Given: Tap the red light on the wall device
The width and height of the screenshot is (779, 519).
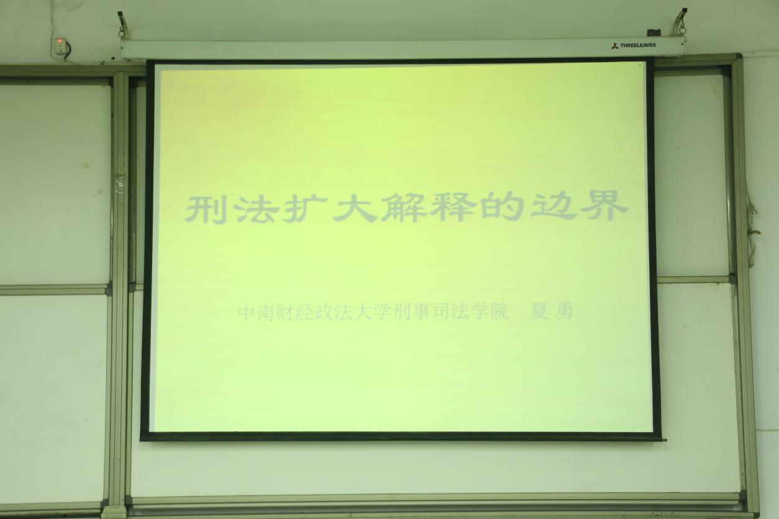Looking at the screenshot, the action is [60, 42].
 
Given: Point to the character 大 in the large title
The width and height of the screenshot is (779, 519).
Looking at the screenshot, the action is [355, 208].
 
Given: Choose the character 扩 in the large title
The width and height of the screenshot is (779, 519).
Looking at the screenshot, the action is [305, 209].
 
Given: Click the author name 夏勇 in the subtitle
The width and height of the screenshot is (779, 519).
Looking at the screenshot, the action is [551, 311].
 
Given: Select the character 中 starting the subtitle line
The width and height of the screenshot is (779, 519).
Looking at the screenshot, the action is [247, 314].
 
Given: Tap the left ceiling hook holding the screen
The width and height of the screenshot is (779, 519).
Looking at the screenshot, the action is [121, 25].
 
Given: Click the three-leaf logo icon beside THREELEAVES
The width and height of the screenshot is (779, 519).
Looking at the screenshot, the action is [615, 45].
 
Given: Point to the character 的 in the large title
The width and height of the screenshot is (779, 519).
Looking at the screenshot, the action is [503, 207].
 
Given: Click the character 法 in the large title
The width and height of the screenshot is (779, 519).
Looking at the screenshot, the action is [255, 209].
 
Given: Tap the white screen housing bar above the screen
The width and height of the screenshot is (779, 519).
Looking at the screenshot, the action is [400, 48].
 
